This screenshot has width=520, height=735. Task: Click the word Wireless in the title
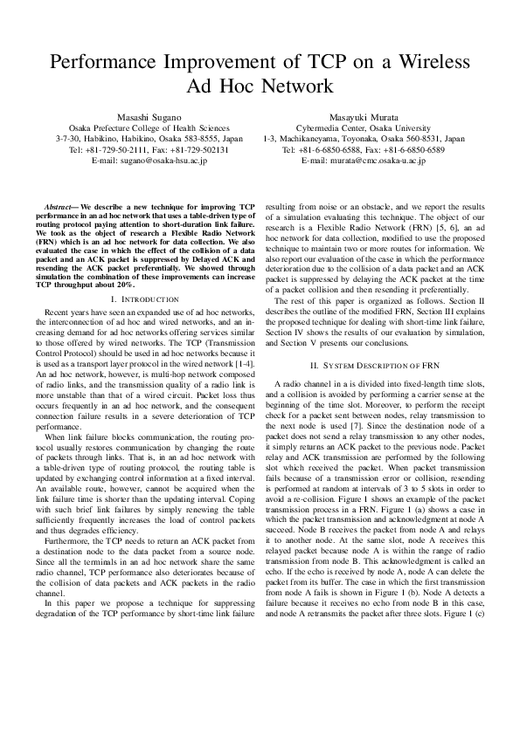pyautogui.click(x=427, y=62)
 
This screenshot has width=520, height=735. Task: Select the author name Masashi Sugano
pyautogui.click(x=149, y=116)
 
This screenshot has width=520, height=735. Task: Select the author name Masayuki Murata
pyautogui.click(x=364, y=116)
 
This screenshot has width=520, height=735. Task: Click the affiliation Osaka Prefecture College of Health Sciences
pyautogui.click(x=149, y=127)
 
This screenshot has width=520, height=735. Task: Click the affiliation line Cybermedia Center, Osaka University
pyautogui.click(x=364, y=127)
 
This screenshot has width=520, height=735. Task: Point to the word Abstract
pyautogui.click(x=60, y=204)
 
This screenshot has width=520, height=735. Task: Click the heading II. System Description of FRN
pyautogui.click(x=364, y=364)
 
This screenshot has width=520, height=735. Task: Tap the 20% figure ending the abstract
pyautogui.click(x=124, y=285)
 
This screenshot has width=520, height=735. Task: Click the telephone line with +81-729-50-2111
pyautogui.click(x=149, y=149)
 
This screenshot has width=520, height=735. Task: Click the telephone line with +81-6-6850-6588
pyautogui.click(x=364, y=149)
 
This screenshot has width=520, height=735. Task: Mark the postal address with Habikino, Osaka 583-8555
pyautogui.click(x=149, y=138)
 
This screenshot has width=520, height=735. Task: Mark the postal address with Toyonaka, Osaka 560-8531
pyautogui.click(x=364, y=138)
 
